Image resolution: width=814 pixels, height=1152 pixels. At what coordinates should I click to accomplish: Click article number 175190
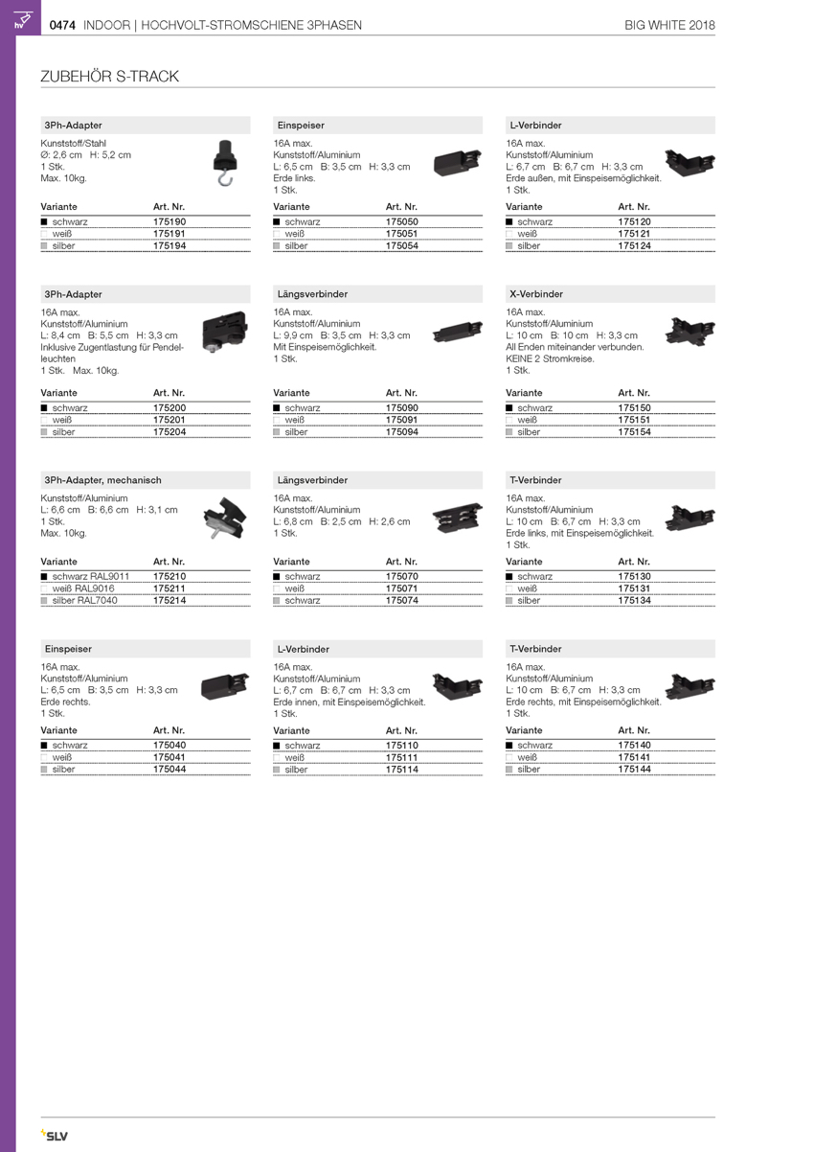170,221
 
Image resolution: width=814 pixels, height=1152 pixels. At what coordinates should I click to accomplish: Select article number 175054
402,246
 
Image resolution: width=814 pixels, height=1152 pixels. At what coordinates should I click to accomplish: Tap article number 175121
635,234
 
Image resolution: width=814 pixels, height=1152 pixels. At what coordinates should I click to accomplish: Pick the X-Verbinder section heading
536,294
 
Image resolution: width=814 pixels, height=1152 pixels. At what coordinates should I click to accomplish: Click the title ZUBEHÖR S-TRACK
109,77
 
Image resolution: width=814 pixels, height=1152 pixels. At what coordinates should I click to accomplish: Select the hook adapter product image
224,162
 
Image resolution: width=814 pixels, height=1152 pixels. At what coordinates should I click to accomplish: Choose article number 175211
170,588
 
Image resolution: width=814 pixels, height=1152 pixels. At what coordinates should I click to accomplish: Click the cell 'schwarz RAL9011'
91,577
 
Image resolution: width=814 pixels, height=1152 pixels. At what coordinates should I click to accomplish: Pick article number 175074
402,601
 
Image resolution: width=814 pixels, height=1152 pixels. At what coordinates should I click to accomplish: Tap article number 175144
635,769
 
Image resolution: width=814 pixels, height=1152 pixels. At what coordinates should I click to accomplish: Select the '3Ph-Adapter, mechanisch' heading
102,480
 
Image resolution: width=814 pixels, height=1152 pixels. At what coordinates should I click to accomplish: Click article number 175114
402,769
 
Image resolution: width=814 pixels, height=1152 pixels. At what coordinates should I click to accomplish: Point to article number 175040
170,745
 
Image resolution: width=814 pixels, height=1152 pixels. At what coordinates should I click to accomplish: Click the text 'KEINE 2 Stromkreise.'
550,358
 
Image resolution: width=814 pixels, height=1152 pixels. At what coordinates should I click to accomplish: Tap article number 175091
402,420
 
